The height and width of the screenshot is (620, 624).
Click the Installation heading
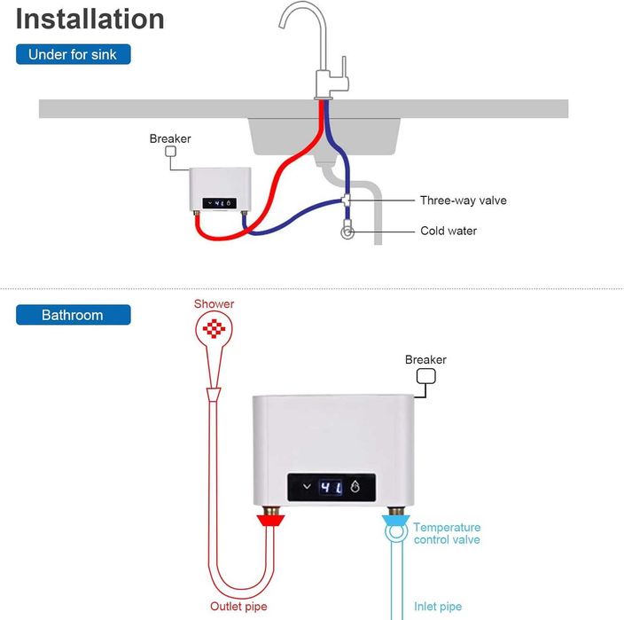(x=90, y=19)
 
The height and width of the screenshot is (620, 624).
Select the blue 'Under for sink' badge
(x=73, y=55)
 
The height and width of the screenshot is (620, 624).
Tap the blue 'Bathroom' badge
(x=73, y=315)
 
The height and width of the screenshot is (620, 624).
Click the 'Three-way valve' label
(x=463, y=200)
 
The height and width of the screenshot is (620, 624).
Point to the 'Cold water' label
(x=448, y=231)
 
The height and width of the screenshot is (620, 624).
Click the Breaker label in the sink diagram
(x=170, y=138)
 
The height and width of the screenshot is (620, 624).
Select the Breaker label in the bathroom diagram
(x=425, y=359)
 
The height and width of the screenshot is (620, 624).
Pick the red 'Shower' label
(x=214, y=303)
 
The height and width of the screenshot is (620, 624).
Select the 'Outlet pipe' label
(x=238, y=607)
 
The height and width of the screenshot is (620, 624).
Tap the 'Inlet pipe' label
(x=438, y=607)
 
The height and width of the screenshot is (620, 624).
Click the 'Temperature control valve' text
(x=447, y=533)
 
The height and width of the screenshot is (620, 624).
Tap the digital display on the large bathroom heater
(x=331, y=487)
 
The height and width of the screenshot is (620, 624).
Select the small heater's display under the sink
(x=220, y=202)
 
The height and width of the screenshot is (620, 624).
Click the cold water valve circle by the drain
(x=347, y=232)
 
